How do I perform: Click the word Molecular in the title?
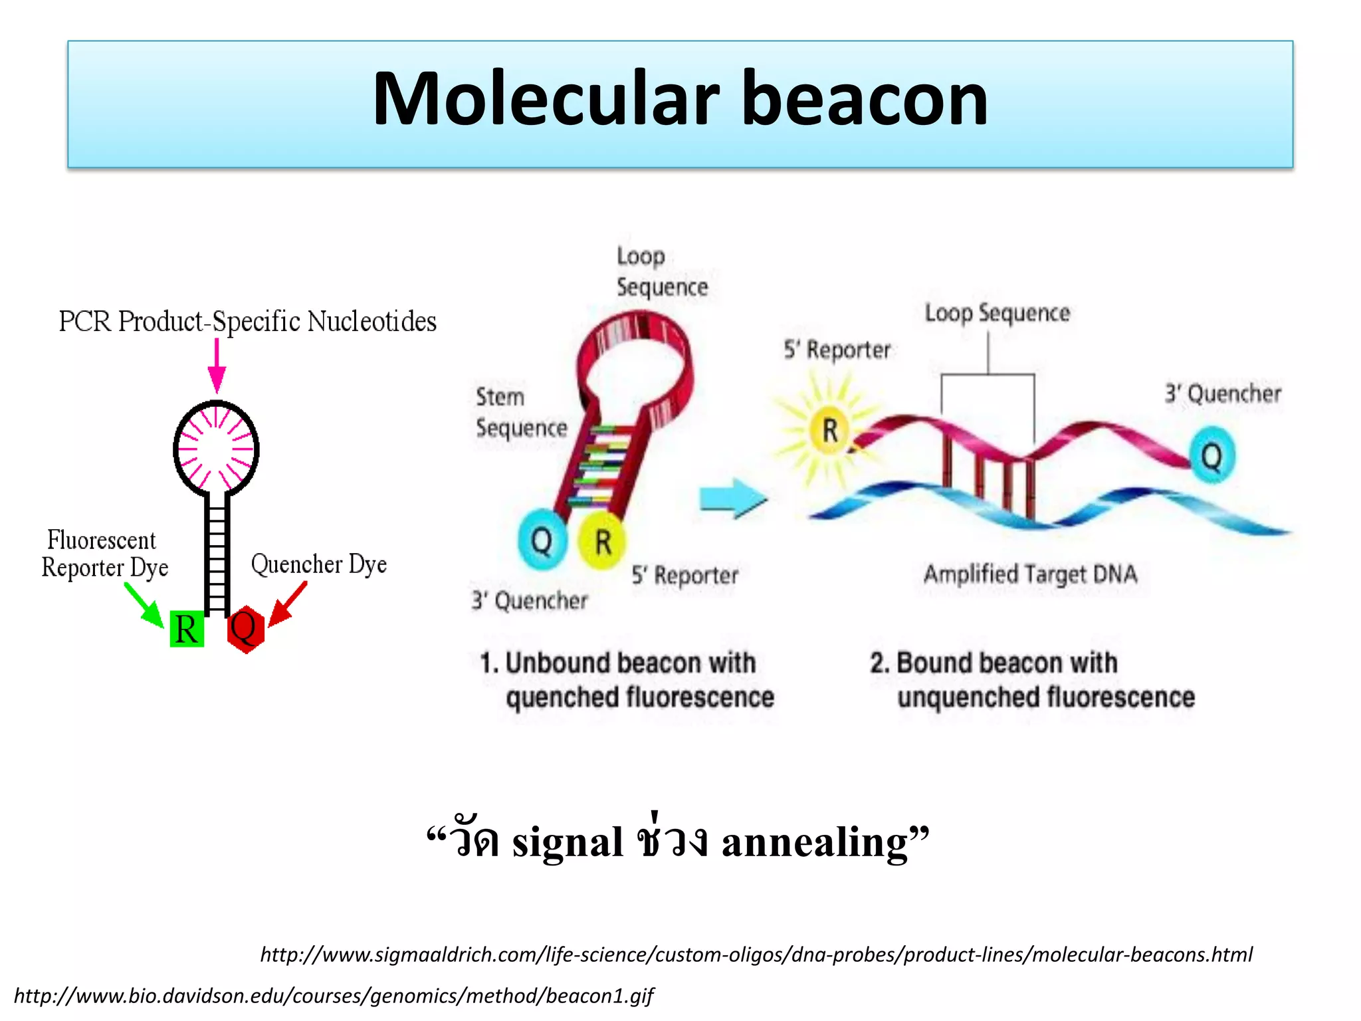pos(545,100)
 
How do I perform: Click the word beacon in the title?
pos(864,100)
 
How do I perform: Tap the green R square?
pos(187,629)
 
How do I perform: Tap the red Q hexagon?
pos(245,629)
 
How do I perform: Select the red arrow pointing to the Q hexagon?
pos(288,604)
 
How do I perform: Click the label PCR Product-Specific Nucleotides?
pos(247,322)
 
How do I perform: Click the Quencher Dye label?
pos(318,564)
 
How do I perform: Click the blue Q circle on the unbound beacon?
pos(542,540)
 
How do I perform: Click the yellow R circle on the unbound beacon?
pos(602,541)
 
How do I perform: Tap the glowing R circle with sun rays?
pos(829,430)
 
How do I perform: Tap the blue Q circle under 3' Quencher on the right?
pos(1211,456)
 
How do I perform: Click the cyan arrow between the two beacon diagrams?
pos(733,499)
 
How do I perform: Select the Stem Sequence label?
pos(520,413)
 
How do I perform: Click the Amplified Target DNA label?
pos(1030,574)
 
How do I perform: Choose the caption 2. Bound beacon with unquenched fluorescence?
pos(1032,680)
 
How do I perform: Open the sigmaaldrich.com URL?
pos(756,955)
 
